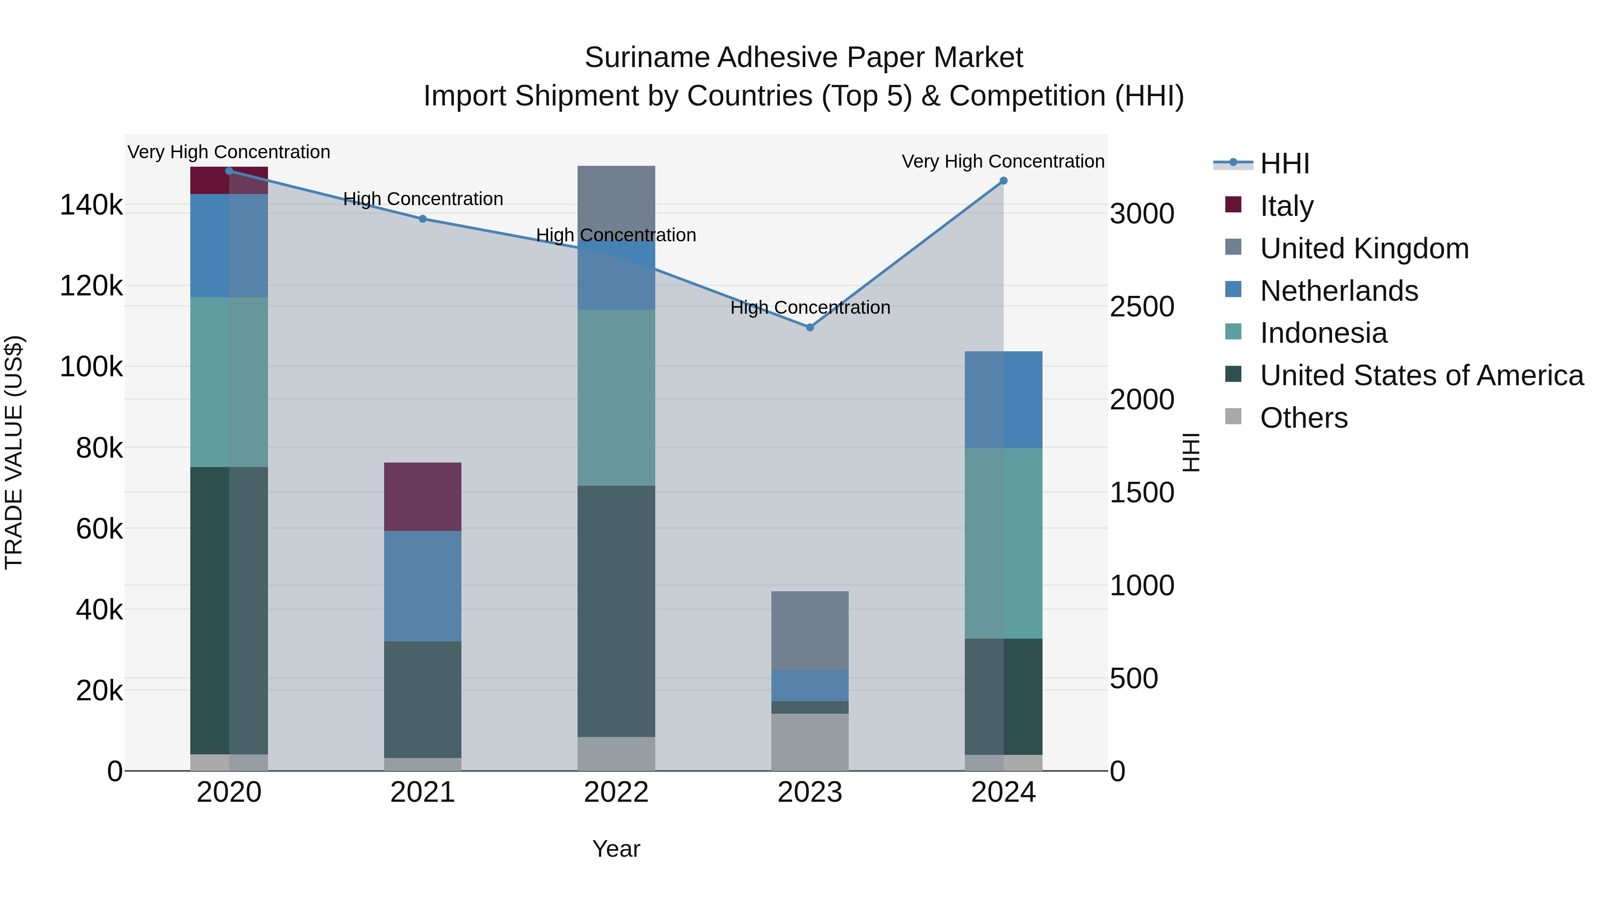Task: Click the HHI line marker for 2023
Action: pos(810,327)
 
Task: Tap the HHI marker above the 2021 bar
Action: pos(423,219)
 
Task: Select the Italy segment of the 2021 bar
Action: pos(423,497)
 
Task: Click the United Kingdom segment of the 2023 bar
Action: pos(810,630)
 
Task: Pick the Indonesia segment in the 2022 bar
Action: pos(616,397)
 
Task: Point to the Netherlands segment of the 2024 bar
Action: pos(1003,400)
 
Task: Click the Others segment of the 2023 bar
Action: pos(810,742)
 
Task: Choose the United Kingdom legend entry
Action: pos(1364,248)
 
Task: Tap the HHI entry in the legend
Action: pos(1284,164)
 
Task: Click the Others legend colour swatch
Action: pos(1233,417)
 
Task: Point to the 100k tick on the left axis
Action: pos(91,366)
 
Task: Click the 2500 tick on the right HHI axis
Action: pos(1142,307)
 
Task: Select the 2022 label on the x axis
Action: pos(616,792)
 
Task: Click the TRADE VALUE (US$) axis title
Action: pos(14,452)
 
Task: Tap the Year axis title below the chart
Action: pos(616,849)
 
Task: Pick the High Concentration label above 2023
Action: pos(810,307)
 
